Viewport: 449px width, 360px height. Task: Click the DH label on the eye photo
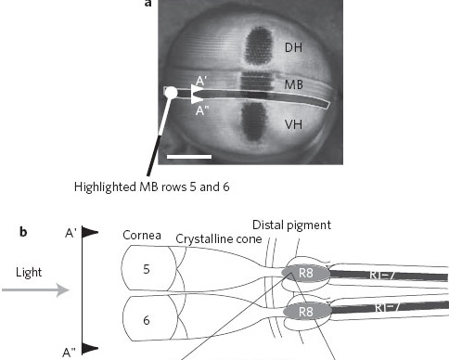click(x=293, y=47)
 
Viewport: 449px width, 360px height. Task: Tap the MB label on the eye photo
click(x=293, y=84)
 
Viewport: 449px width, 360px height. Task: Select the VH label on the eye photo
click(x=293, y=124)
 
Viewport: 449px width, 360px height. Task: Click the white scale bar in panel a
click(x=189, y=157)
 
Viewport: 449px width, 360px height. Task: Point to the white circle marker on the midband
click(x=171, y=93)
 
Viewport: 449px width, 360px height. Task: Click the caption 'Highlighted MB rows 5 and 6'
click(x=151, y=187)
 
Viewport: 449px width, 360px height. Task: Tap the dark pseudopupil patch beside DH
click(x=259, y=45)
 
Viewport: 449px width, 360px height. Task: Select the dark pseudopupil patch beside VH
click(x=254, y=122)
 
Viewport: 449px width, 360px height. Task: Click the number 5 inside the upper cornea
click(x=147, y=269)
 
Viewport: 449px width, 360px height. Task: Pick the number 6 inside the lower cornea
click(x=147, y=320)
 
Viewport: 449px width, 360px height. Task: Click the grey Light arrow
click(x=35, y=289)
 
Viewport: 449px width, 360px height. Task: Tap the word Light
click(x=29, y=273)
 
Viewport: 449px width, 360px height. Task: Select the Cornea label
click(x=142, y=236)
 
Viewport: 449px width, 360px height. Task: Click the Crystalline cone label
click(x=219, y=239)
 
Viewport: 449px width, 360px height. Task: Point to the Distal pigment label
click(x=291, y=225)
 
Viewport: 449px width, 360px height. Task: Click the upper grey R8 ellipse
click(x=305, y=273)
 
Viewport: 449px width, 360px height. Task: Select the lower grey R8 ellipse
click(x=307, y=312)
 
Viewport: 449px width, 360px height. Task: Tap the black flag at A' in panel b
click(x=90, y=232)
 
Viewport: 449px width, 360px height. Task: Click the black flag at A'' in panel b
click(x=90, y=348)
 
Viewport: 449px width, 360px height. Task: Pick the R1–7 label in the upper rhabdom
click(x=382, y=275)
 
